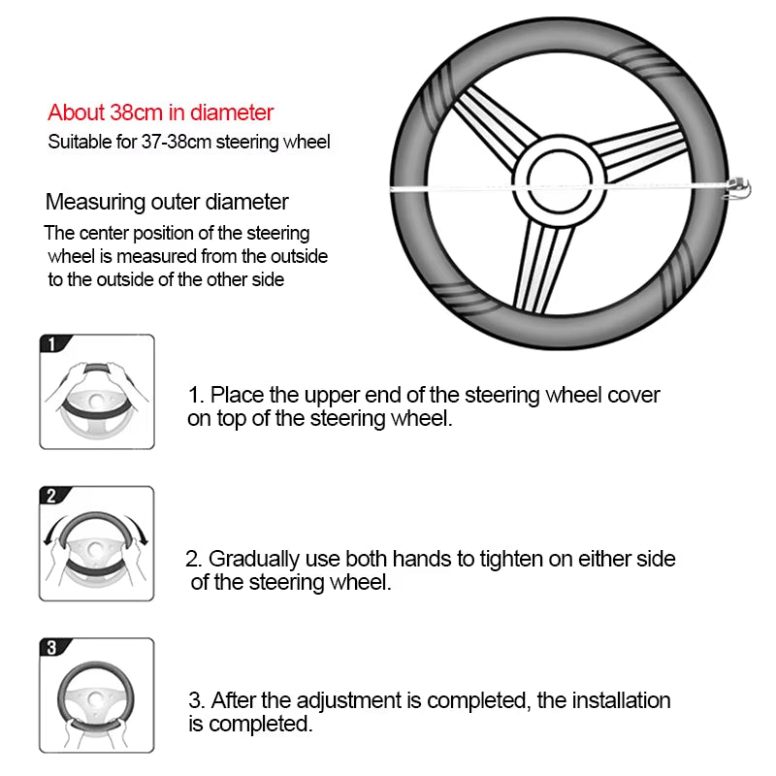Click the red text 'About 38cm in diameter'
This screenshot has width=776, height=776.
point(161,113)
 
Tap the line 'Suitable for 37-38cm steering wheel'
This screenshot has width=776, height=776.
point(189,142)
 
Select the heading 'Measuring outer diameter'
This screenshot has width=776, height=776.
point(167,203)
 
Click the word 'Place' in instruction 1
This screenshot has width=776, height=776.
point(233,395)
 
